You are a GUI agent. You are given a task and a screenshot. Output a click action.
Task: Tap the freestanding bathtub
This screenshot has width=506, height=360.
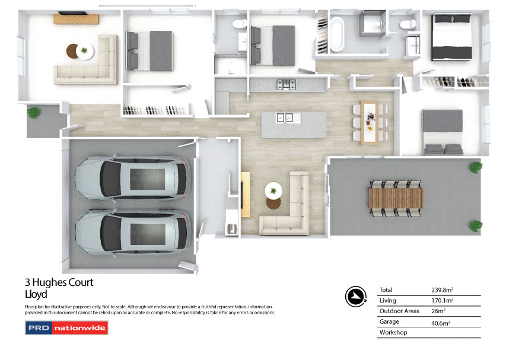click(x=336, y=35)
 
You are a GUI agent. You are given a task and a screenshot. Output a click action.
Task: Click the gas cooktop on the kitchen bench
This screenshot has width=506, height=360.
click(x=287, y=84)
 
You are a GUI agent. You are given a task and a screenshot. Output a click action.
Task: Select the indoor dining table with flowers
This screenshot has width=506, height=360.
click(x=370, y=122)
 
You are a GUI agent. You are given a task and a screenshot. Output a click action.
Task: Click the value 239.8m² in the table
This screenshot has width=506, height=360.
click(x=443, y=290)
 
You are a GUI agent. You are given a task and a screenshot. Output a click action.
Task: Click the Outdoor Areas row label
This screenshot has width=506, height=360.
click(x=399, y=311)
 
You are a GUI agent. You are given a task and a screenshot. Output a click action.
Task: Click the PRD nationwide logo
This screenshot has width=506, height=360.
click(x=66, y=327)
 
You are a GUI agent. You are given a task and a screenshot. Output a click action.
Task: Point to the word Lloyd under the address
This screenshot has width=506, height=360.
click(x=36, y=294)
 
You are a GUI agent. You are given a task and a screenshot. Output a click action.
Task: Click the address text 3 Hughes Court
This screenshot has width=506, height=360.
click(x=59, y=283)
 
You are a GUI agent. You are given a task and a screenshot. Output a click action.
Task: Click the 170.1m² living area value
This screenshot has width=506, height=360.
click(x=442, y=301)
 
